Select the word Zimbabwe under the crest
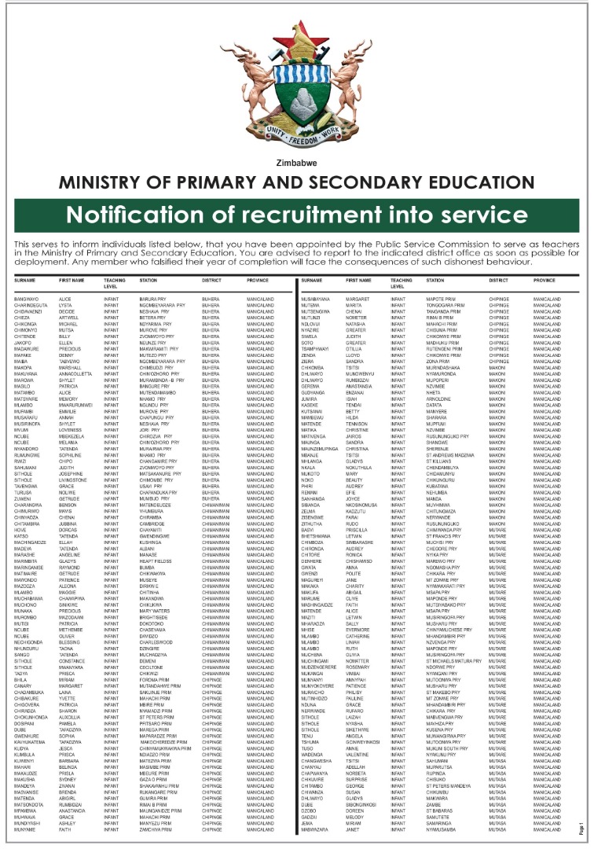pyautogui.click(x=296, y=164)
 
